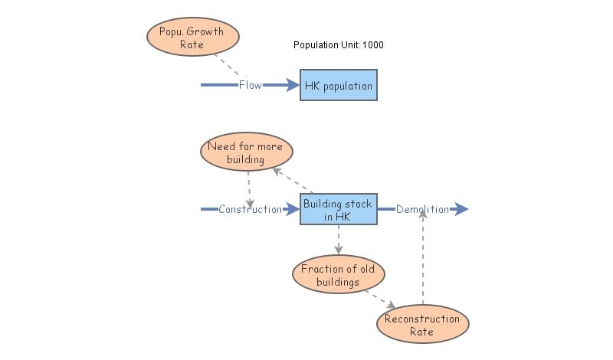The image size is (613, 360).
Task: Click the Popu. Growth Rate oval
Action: [x=192, y=38]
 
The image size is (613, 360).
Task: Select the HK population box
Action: [x=338, y=86]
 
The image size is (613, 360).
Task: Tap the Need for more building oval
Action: [x=246, y=153]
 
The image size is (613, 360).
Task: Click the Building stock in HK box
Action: [x=338, y=209]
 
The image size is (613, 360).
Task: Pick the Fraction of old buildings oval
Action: [x=338, y=275]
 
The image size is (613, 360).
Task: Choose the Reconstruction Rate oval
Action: [x=422, y=325]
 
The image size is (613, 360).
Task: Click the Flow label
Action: [x=250, y=85]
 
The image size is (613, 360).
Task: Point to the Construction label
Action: [x=250, y=209]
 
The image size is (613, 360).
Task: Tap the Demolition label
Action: [x=422, y=209]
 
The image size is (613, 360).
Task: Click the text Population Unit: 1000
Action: [x=338, y=45]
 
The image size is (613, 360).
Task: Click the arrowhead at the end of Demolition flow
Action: [x=461, y=209]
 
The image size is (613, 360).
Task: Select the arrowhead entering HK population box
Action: [x=292, y=85]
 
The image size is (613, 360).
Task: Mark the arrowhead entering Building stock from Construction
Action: [x=292, y=209]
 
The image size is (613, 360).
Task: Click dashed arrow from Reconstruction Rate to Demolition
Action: [x=422, y=260]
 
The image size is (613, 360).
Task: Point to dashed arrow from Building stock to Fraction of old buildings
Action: [x=338, y=239]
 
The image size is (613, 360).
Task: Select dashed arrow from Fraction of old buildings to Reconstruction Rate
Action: [x=380, y=299]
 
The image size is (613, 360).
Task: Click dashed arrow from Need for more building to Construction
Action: [x=249, y=188]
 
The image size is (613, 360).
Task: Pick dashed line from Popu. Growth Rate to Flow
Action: [x=227, y=66]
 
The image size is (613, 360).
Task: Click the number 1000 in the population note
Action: [x=373, y=45]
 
